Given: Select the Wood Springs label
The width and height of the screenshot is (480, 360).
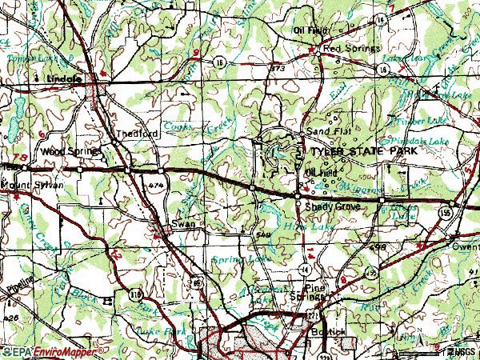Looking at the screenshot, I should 71,150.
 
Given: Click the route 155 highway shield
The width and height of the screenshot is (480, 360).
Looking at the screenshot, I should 453,212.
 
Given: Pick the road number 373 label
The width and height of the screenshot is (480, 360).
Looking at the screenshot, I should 278,69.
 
